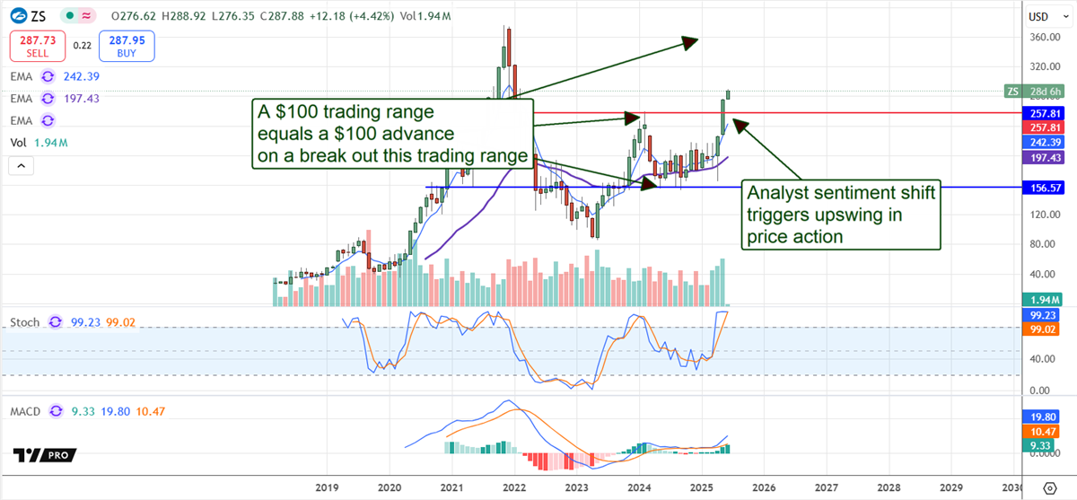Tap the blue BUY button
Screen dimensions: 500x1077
(x=128, y=46)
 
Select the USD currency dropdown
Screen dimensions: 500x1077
(x=1038, y=16)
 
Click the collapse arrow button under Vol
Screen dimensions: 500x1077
(x=22, y=166)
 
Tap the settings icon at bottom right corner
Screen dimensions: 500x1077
(x=1050, y=487)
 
